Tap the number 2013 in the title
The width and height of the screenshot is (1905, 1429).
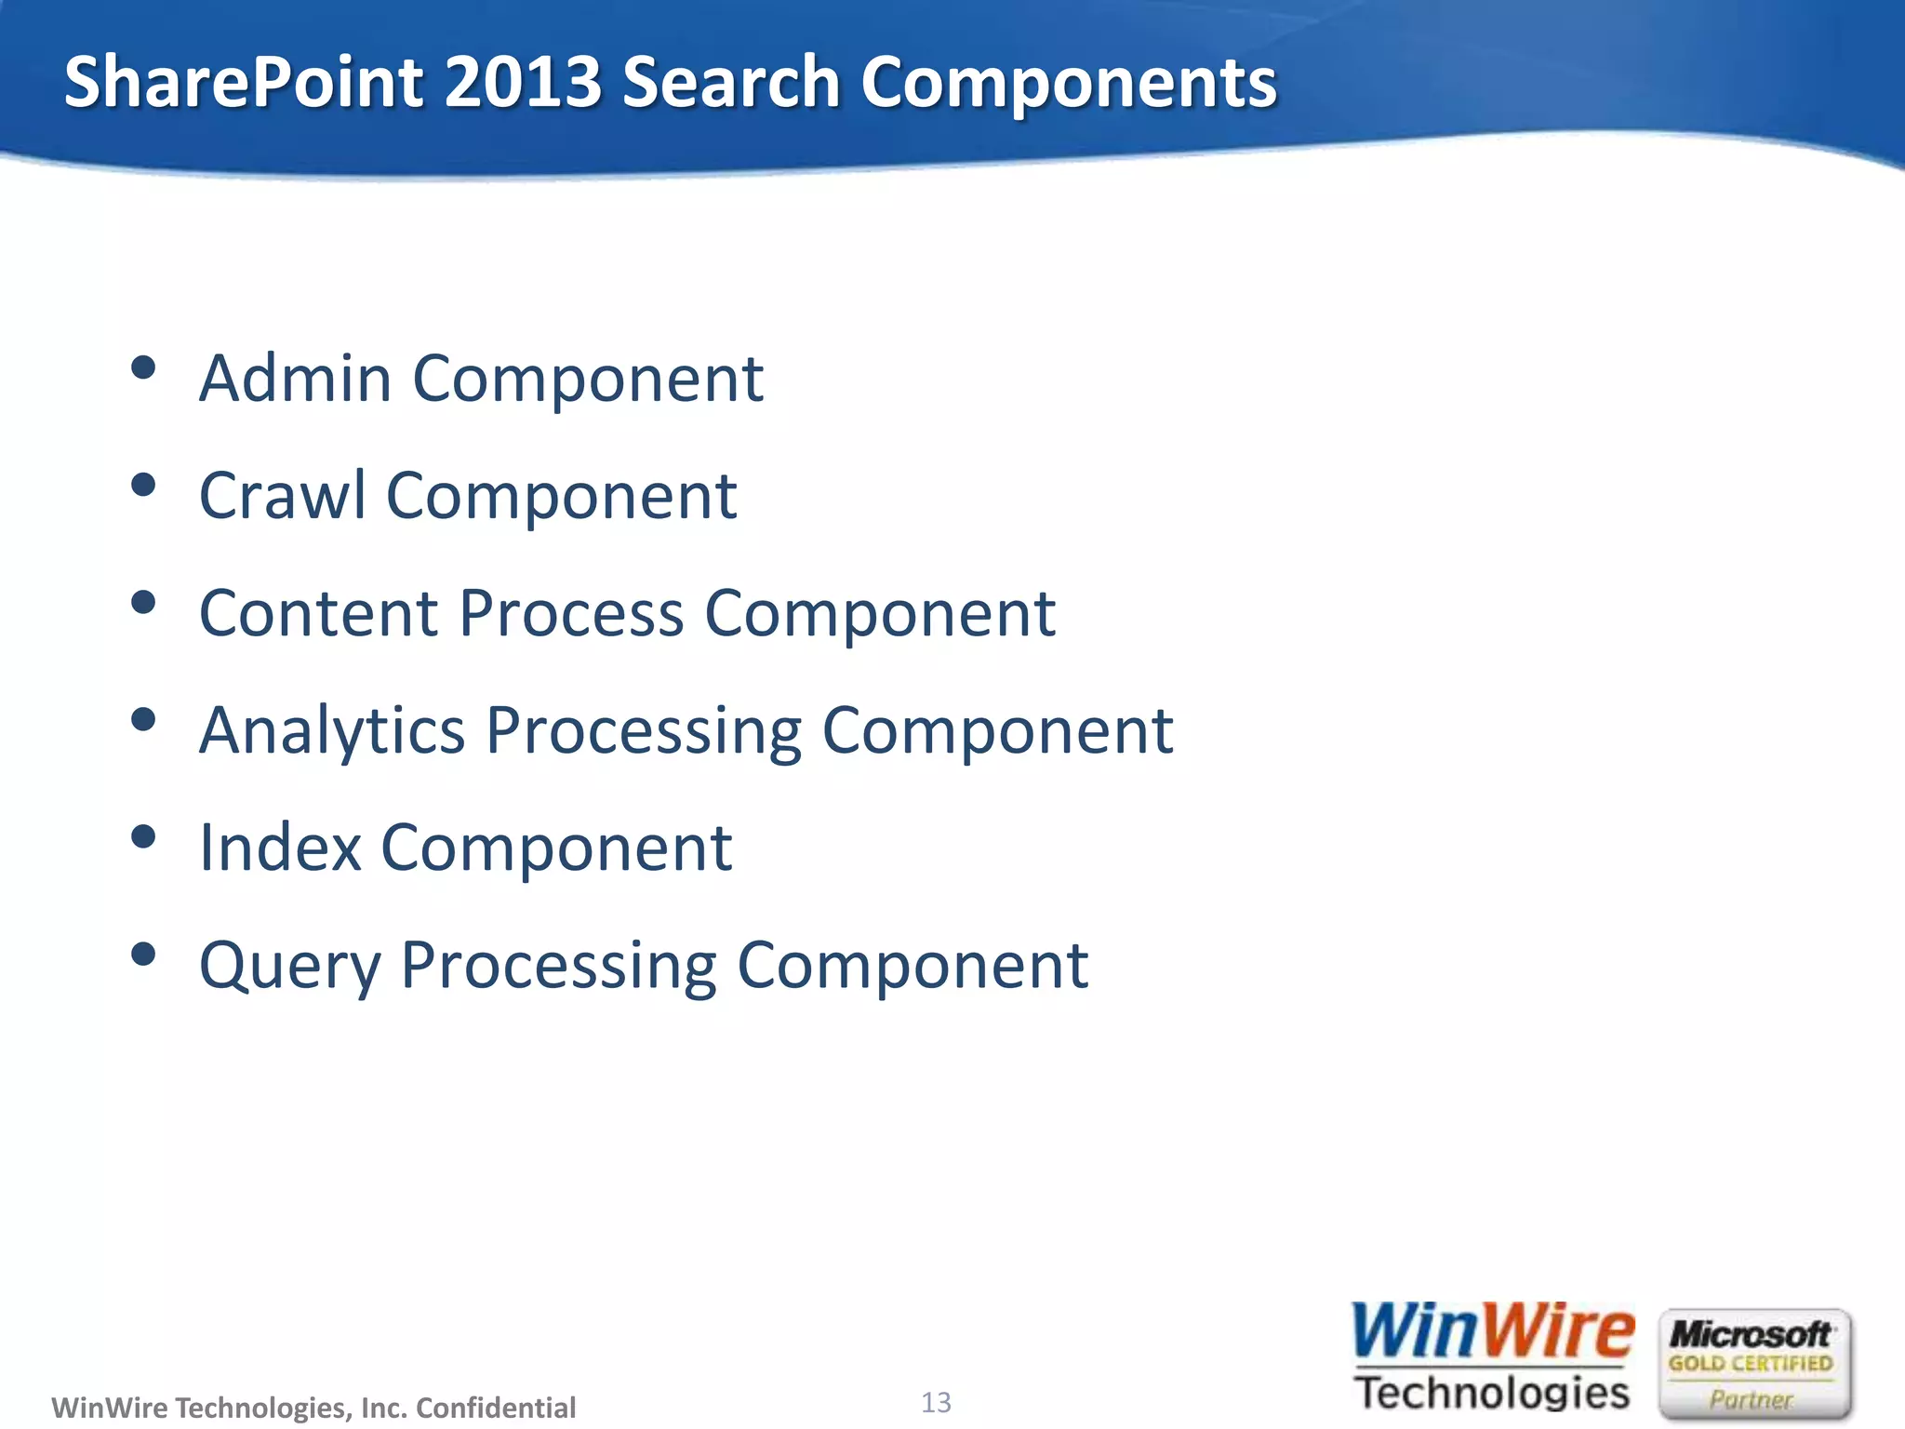tap(524, 82)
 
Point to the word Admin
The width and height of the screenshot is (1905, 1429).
tap(295, 379)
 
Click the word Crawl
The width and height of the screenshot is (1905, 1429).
tap(282, 496)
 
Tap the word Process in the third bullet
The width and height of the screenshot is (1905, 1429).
tap(571, 614)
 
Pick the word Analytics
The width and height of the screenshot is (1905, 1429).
tap(332, 731)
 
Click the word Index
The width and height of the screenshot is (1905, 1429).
tap(280, 848)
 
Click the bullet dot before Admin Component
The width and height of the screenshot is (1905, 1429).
tap(143, 368)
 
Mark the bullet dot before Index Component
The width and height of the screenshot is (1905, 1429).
tap(143, 837)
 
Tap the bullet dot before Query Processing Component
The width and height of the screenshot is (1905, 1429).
tap(143, 955)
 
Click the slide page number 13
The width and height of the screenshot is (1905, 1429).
tap(936, 1402)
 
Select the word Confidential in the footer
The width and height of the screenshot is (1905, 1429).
tap(496, 1408)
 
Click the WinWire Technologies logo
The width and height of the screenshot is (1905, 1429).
tap(1492, 1357)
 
